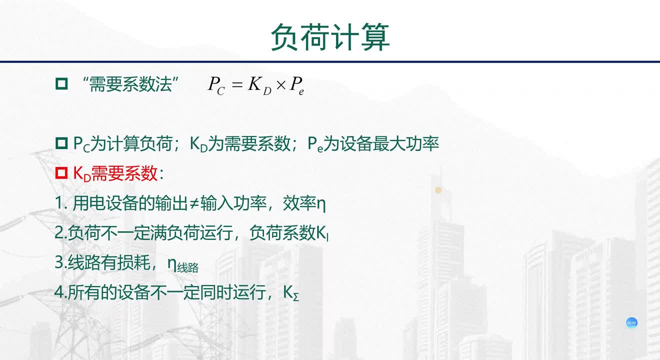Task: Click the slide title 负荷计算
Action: click(330, 37)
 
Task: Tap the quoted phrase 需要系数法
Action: click(130, 84)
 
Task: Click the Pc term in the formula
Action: click(216, 85)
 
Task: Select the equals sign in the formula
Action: click(237, 85)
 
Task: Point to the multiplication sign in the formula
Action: click(281, 85)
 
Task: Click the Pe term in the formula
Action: click(296, 85)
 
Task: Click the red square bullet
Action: click(61, 172)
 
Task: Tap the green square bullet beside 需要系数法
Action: click(61, 83)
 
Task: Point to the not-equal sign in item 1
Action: click(194, 203)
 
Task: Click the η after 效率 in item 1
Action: click(321, 204)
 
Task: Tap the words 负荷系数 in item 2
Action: click(282, 232)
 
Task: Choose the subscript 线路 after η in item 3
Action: click(188, 268)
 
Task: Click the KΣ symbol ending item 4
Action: click(291, 293)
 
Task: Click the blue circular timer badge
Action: click(631, 323)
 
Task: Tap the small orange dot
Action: click(438, 190)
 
